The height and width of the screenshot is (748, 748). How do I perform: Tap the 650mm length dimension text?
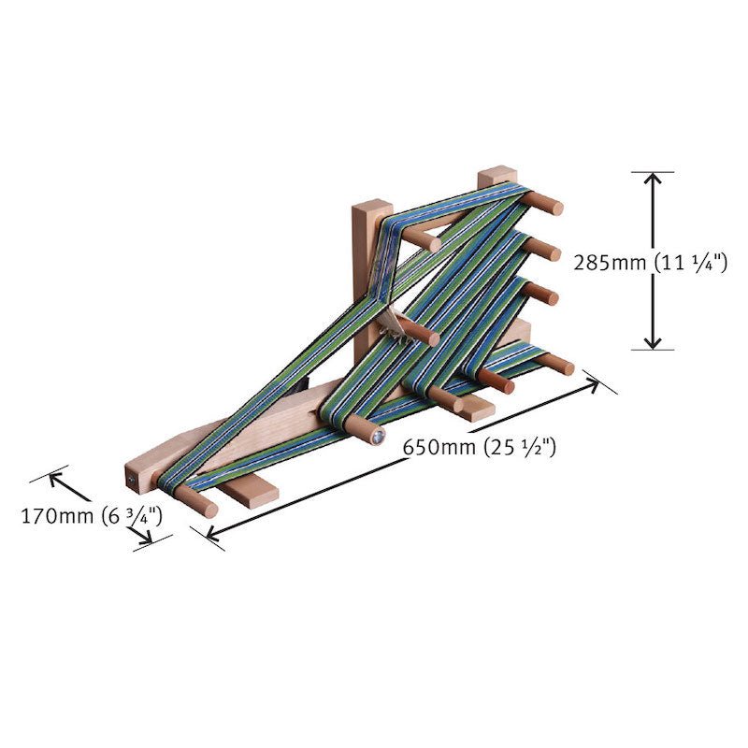(480, 447)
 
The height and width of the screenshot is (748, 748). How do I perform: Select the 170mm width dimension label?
(92, 514)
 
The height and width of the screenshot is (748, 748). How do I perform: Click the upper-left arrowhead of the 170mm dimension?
(54, 475)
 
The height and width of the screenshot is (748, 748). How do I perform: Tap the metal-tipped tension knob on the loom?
(376, 436)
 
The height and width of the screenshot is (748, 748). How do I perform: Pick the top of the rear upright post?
(497, 175)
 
